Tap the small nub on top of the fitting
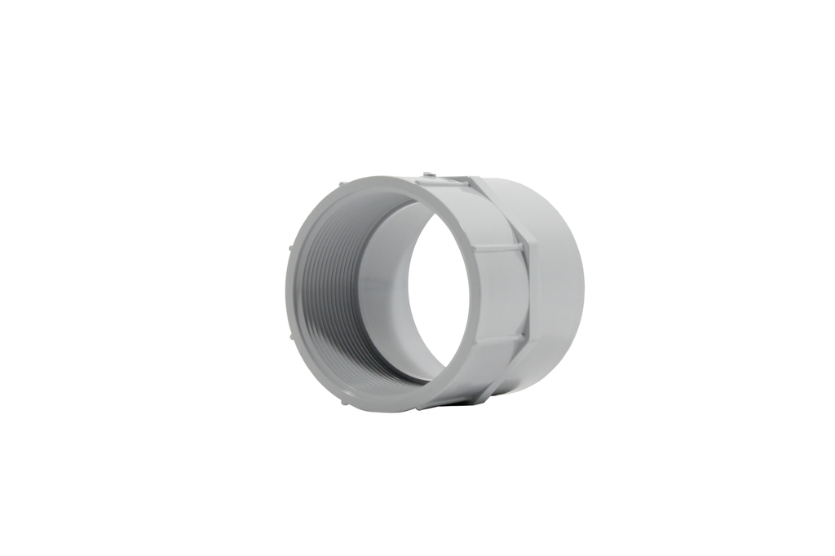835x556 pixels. click(x=426, y=174)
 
